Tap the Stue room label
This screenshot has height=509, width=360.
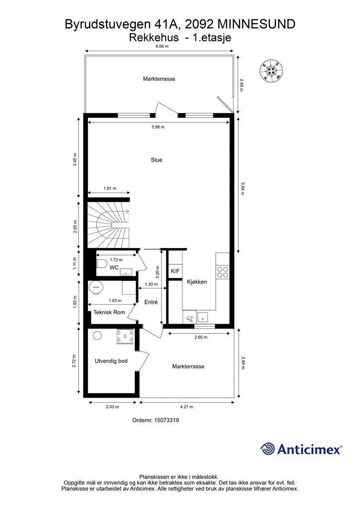(x=157, y=160)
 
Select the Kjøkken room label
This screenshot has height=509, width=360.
(x=197, y=282)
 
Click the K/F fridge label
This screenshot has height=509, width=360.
(x=175, y=271)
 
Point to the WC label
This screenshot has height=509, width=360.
(x=114, y=267)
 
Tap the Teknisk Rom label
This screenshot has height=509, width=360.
(x=109, y=312)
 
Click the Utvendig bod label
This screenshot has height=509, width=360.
(x=111, y=361)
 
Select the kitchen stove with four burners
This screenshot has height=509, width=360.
(x=223, y=271)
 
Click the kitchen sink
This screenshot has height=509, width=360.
(x=203, y=317)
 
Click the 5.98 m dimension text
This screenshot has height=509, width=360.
(x=158, y=127)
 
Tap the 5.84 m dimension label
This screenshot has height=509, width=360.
(x=242, y=186)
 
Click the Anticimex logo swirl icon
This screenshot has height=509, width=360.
(x=268, y=449)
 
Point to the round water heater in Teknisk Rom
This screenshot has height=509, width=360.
(x=95, y=287)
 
